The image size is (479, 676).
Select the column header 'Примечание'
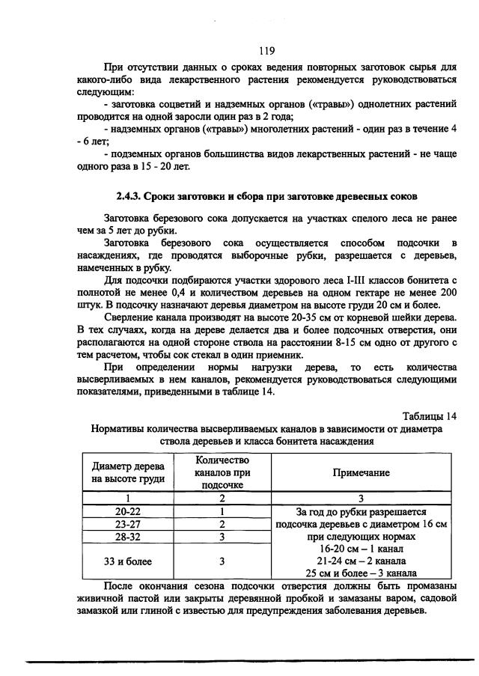tap(362, 474)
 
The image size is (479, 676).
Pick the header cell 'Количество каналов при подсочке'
tap(222, 474)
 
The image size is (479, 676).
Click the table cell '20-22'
tap(128, 512)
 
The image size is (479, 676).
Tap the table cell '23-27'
tap(128, 524)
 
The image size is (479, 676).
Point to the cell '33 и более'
tap(128, 561)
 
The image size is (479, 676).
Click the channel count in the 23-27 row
tap(222, 524)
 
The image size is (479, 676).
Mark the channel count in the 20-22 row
tap(222, 512)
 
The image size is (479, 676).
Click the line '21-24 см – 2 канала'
tap(362, 561)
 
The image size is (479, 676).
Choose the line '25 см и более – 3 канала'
tap(362, 573)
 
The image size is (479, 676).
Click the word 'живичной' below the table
tap(101, 598)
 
